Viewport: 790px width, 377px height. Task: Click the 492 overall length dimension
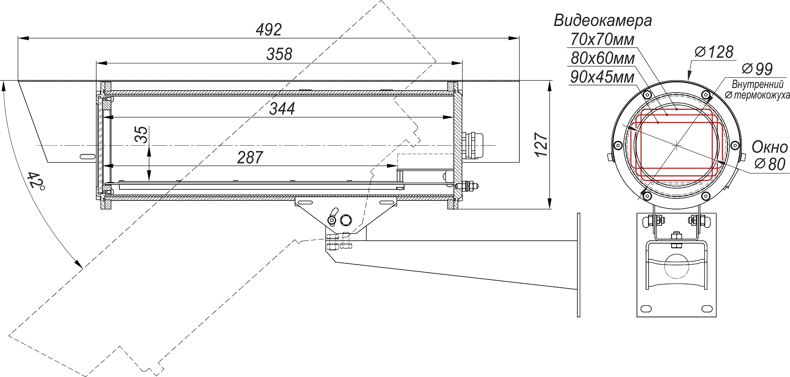click(x=269, y=30)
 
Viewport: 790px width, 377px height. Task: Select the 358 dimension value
click(x=279, y=54)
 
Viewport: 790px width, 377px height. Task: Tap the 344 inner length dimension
click(x=282, y=109)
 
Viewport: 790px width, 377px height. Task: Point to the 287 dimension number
click(x=250, y=157)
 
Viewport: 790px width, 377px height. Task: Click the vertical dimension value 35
click(x=141, y=135)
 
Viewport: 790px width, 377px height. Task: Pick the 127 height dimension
click(x=541, y=144)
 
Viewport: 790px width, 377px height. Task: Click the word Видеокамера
click(x=603, y=20)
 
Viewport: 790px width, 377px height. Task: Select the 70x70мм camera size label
click(x=602, y=40)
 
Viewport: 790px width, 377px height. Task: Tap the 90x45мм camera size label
click(x=602, y=77)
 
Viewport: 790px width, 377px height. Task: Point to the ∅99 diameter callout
click(x=757, y=68)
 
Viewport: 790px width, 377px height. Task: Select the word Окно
click(x=769, y=147)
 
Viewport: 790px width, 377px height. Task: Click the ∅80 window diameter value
click(x=770, y=164)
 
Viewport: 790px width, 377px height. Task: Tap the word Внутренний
click(x=757, y=84)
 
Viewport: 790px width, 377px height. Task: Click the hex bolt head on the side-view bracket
click(x=346, y=220)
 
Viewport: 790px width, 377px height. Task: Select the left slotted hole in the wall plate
click(x=646, y=308)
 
